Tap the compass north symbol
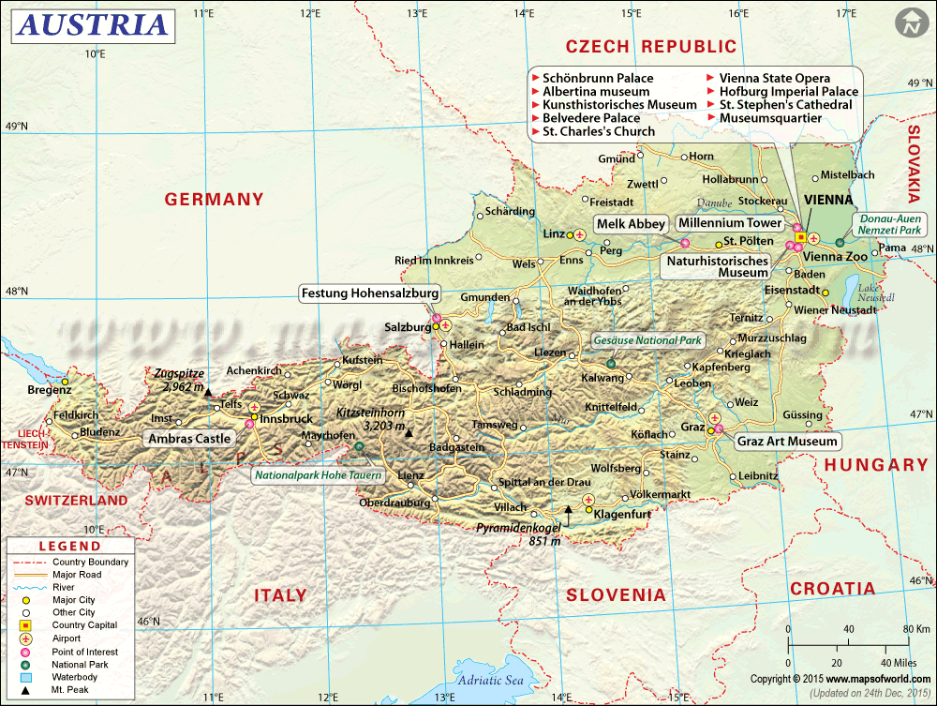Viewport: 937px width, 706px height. click(x=908, y=23)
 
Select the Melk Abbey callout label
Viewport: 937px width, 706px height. click(x=632, y=224)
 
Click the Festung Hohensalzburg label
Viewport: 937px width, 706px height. click(x=369, y=293)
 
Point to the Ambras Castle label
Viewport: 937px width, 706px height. click(x=188, y=438)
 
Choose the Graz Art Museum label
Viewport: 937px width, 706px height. click(x=787, y=441)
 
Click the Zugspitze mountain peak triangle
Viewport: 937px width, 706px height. click(x=208, y=392)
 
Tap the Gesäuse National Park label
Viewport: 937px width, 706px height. click(x=647, y=340)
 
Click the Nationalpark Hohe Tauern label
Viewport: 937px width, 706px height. click(x=319, y=475)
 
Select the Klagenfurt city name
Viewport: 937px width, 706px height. click(x=628, y=512)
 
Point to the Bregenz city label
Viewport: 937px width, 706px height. click(x=49, y=389)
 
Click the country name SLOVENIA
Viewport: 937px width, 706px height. click(x=616, y=594)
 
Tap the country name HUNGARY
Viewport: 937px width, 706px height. click(x=875, y=465)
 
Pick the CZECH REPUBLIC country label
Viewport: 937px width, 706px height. click(x=651, y=46)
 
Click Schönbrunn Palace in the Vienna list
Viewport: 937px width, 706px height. click(x=598, y=79)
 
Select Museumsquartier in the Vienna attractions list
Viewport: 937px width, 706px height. click(x=770, y=118)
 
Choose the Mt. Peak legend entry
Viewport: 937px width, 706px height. click(x=71, y=689)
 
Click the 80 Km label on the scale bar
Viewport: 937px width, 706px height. click(x=915, y=628)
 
